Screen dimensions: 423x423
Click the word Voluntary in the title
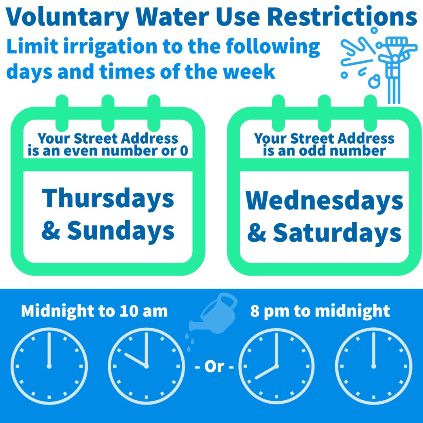[x=67, y=18]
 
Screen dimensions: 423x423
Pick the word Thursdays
[x=108, y=198]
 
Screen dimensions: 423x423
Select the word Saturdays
[x=337, y=233]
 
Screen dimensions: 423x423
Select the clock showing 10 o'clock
[x=146, y=366]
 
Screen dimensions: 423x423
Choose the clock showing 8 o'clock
[x=277, y=366]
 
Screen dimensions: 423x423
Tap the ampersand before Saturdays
[x=257, y=233]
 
